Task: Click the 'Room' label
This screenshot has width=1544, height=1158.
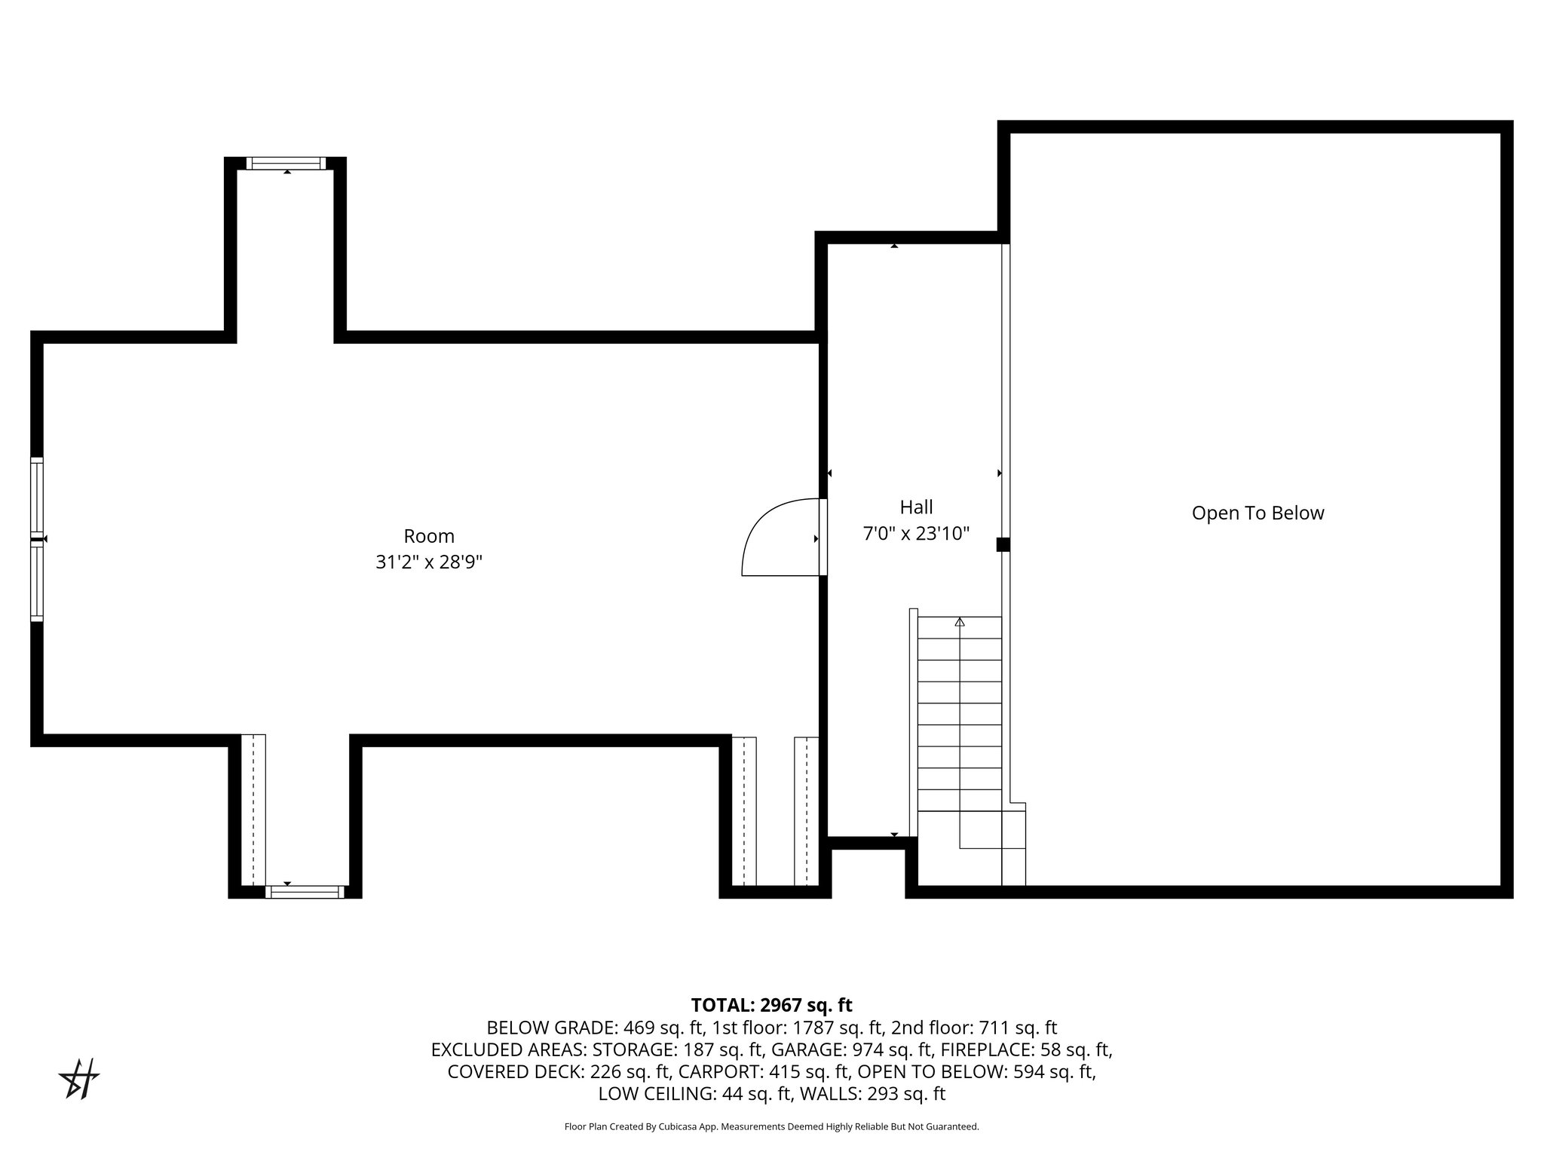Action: pos(429,536)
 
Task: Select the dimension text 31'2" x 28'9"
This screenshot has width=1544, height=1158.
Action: pos(429,562)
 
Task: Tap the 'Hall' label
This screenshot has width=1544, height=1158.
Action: pos(916,507)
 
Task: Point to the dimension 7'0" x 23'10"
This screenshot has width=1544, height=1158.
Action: pos(916,534)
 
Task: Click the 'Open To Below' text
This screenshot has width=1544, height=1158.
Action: pos(1258,513)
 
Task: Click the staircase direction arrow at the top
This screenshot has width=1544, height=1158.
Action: pos(960,623)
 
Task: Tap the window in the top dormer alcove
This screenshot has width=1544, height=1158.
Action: pos(286,163)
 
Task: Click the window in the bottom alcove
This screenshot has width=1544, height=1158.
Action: pos(305,892)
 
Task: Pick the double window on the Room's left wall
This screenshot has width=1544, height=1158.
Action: pos(37,539)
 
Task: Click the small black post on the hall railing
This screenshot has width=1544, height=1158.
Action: pos(1003,544)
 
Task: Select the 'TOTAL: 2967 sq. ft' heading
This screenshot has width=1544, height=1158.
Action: pos(771,1005)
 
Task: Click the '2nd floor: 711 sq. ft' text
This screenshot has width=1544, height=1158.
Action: pos(974,1028)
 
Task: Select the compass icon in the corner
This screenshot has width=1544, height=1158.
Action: pos(79,1079)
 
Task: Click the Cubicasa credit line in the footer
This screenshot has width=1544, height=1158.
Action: pos(771,1127)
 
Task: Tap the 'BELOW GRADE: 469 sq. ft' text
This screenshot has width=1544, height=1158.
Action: pos(595,1028)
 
